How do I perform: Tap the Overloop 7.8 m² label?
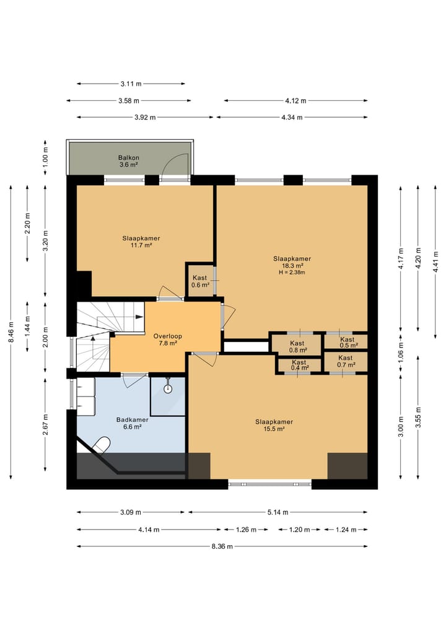(167, 339)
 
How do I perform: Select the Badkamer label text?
(132, 419)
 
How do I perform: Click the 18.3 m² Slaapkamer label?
(292, 262)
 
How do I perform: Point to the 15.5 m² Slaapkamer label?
(274, 425)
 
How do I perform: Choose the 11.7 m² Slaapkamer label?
(141, 242)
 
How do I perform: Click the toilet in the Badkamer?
(101, 445)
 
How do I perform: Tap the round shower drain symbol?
(168, 388)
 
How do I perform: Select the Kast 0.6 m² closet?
(199, 280)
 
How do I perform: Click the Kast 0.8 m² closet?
(297, 344)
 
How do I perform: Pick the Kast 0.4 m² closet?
(299, 365)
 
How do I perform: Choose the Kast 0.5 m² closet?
(347, 341)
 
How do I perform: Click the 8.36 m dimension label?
(222, 546)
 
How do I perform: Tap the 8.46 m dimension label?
(11, 332)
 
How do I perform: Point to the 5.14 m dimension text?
(278, 512)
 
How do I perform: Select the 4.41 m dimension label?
(435, 261)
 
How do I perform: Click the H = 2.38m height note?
(292, 273)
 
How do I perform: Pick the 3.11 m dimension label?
(131, 84)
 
